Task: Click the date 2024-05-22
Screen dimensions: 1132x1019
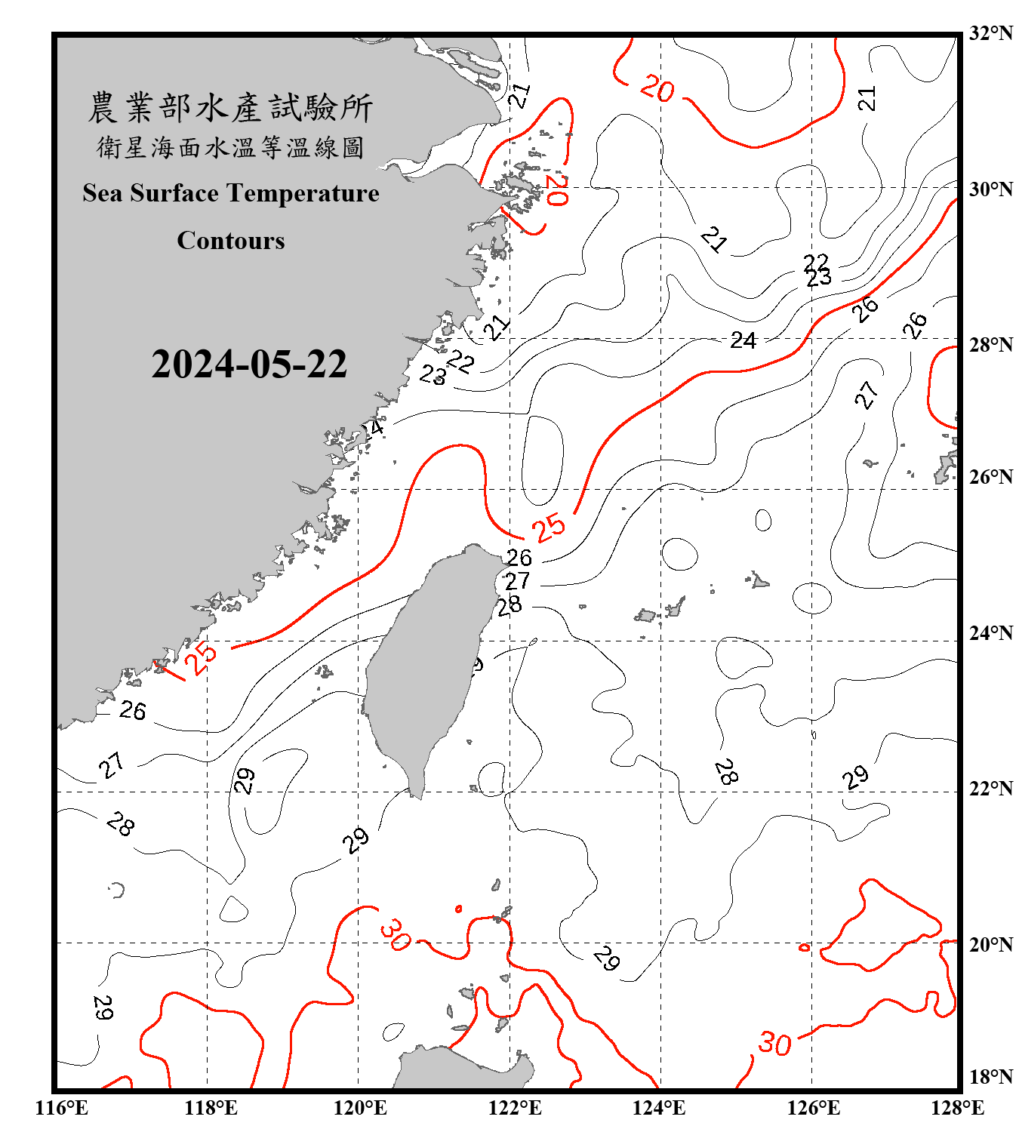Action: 249,364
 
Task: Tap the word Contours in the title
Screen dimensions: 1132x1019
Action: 231,241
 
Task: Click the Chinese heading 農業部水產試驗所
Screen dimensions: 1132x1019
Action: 230,107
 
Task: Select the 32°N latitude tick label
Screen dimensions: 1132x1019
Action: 990,33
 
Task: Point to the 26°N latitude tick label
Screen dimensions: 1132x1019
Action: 990,477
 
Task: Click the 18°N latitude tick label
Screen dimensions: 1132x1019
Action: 990,1077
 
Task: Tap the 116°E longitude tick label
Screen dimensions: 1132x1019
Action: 62,1108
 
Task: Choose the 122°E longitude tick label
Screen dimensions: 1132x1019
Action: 515,1108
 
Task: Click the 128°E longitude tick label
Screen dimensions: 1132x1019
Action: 957,1108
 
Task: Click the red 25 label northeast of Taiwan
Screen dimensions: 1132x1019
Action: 549,527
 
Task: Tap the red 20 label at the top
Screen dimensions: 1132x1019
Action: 657,89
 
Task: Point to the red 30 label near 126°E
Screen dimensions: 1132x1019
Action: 774,1044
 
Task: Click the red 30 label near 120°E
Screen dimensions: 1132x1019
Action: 396,934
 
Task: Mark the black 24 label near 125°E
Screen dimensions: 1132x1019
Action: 743,340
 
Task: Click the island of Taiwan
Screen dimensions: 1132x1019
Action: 426,664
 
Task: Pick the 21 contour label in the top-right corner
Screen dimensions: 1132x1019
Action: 867,98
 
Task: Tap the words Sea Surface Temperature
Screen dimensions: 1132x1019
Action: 231,193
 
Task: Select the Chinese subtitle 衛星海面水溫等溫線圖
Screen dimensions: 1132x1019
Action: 230,147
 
